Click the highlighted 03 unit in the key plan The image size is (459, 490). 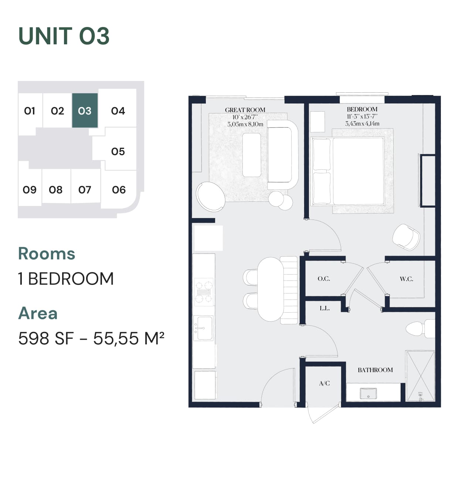[x=85, y=110]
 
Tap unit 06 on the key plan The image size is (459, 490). [x=119, y=190]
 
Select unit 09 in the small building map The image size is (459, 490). [x=30, y=190]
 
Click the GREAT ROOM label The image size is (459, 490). [x=245, y=110]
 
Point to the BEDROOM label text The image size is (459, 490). [x=362, y=109]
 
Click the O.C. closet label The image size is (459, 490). [x=324, y=279]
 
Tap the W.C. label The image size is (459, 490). [x=407, y=279]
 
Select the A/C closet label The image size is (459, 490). [x=324, y=383]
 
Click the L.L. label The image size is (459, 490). [x=325, y=308]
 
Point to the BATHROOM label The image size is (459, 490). [x=375, y=370]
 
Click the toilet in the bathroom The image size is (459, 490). [x=421, y=329]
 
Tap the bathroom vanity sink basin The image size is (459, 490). [x=368, y=393]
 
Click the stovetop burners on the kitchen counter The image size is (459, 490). [x=204, y=292]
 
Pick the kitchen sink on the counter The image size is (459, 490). [x=203, y=328]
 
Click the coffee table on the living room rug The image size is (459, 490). [x=252, y=155]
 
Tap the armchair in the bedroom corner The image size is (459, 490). [x=406, y=237]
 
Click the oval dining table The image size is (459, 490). [x=271, y=289]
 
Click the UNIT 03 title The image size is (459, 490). [x=64, y=36]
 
